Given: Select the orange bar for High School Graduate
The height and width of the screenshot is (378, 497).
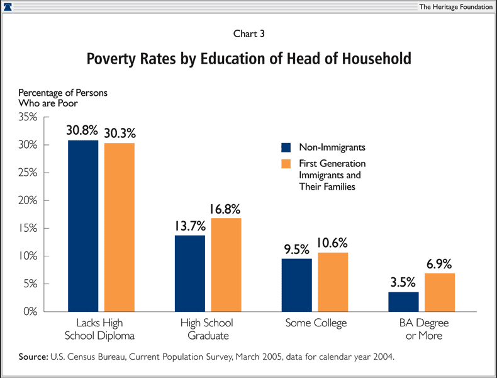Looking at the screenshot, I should point(226,265).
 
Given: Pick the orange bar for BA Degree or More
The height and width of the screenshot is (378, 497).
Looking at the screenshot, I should point(440,292).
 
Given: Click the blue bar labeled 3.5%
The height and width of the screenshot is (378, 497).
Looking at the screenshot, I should point(403,302).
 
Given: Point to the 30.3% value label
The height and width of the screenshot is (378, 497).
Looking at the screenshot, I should point(120,133).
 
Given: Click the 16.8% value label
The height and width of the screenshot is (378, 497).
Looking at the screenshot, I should point(226,209).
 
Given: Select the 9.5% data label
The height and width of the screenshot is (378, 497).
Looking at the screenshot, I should point(297,248).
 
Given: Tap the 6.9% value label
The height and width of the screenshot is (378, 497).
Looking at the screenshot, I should point(440,263).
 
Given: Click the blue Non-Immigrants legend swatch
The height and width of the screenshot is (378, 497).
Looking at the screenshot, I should point(286,147).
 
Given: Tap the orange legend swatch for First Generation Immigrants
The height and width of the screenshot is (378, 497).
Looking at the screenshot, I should point(286,164).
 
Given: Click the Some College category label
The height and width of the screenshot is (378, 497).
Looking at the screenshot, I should point(316,323).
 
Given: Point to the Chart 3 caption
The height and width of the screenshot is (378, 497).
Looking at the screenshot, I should point(248,34).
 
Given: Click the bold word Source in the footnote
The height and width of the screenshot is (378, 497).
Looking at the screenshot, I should point(33,357).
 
